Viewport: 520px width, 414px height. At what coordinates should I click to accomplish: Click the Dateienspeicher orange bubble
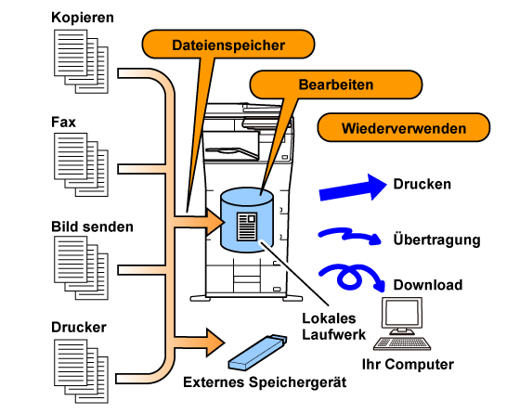tap(228, 44)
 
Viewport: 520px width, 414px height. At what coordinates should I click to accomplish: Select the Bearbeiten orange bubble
tap(336, 84)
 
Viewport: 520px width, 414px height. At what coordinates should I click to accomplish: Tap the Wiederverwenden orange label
tap(404, 127)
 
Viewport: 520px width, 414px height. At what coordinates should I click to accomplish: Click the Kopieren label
tap(83, 18)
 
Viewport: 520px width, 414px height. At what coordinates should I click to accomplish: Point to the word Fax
tap(63, 122)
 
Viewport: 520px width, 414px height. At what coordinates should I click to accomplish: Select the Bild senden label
tap(92, 226)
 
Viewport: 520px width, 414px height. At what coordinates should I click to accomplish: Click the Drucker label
tap(79, 327)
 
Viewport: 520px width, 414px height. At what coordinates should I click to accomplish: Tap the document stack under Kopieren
tap(82, 61)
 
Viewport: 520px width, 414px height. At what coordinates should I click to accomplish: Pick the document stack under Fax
tap(82, 164)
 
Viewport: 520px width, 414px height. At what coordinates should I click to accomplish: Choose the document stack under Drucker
tap(82, 371)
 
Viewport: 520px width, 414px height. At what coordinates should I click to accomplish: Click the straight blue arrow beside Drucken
tap(353, 188)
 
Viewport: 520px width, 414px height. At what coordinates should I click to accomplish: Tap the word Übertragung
tap(436, 239)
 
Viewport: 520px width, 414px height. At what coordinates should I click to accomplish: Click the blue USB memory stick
tap(257, 352)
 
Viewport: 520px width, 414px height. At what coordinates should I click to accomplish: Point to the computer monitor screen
tap(402, 313)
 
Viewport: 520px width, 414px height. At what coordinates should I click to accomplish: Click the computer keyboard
tap(402, 343)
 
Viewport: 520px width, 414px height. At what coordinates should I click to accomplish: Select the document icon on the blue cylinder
tap(247, 226)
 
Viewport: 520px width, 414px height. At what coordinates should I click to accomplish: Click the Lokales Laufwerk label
tap(333, 327)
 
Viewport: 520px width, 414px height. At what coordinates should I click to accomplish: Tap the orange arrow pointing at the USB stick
tap(199, 343)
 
